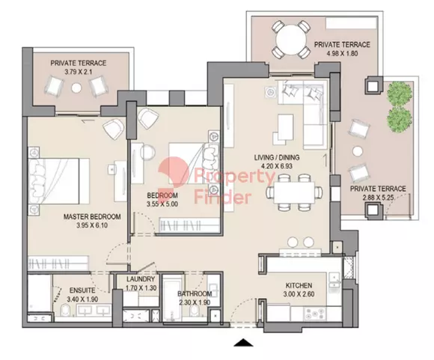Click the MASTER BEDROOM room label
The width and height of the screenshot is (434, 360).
tap(92, 216)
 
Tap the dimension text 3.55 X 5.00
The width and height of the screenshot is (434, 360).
tap(162, 204)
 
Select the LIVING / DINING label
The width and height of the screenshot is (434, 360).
tap(277, 158)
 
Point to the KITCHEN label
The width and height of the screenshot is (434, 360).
tap(299, 285)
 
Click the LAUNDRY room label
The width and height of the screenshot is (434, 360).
tap(141, 279)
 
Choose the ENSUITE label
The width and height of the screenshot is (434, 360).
tap(82, 290)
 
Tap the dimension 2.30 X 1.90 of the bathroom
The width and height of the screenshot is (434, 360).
tap(195, 302)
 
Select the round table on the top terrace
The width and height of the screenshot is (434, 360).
tap(290, 38)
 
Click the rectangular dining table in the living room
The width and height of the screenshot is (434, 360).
tap(294, 192)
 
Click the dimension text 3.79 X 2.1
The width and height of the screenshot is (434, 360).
tap(79, 72)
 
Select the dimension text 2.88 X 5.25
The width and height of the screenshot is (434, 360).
tap(378, 198)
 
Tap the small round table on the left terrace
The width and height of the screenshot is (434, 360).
tap(76, 88)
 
